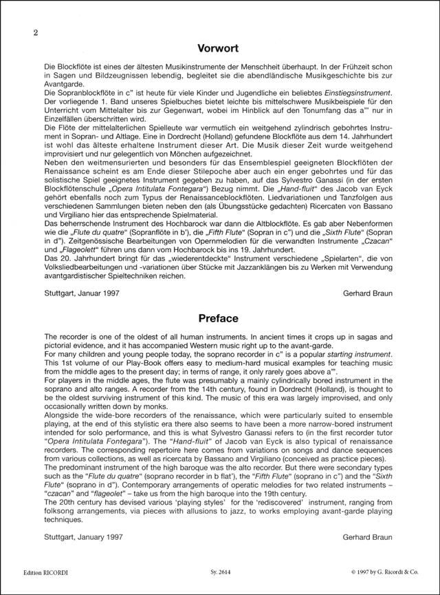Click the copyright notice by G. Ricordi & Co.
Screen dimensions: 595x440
pos(370,571)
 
